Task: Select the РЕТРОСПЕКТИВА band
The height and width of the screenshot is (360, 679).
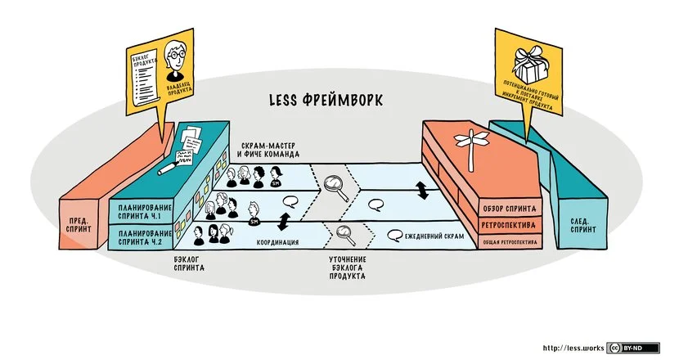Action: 508,223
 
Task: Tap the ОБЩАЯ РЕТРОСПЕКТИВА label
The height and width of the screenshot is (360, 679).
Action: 508,242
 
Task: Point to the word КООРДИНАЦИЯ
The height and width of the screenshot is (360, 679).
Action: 277,242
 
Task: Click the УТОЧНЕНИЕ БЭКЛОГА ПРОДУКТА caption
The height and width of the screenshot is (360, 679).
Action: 341,268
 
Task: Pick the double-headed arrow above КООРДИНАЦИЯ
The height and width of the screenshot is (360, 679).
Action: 284,221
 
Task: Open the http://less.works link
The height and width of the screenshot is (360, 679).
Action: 572,348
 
